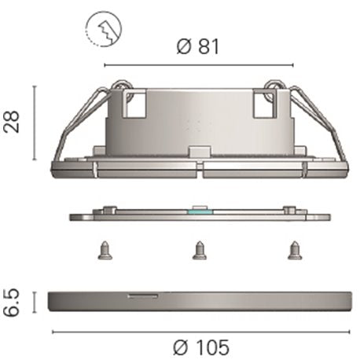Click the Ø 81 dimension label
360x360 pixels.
pos(198,47)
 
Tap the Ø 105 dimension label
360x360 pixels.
pos(201,347)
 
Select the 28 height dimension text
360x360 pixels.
pos(12,122)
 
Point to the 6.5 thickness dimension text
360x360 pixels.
pos(12,303)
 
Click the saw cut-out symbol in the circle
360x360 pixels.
pos(104,29)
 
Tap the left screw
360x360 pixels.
pos(105,251)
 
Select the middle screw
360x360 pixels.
pos(200,251)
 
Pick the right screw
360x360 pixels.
pos(295,251)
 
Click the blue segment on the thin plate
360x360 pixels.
pos(200,211)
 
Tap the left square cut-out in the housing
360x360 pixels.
pos(136,105)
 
